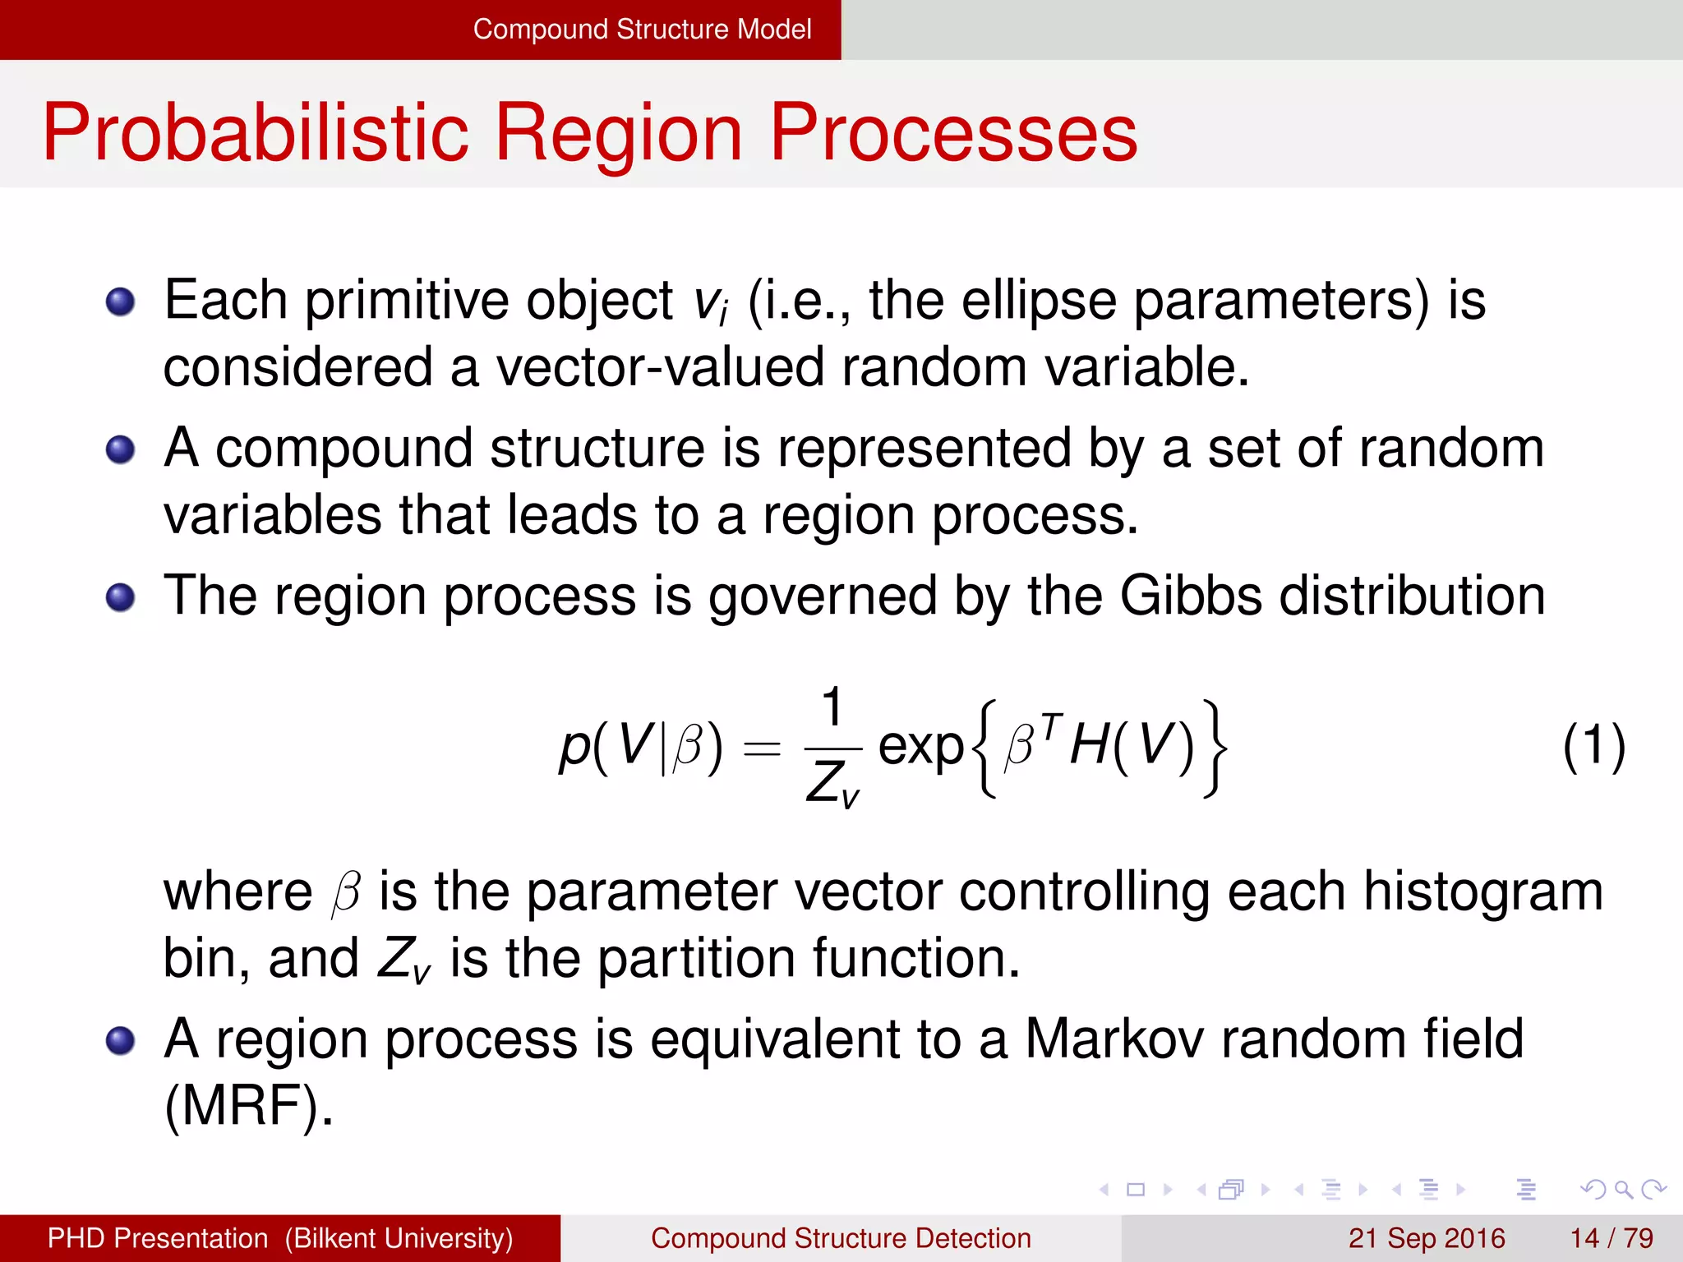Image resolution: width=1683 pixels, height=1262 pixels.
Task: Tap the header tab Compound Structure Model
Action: [641, 30]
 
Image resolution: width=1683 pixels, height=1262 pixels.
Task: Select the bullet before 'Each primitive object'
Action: [121, 302]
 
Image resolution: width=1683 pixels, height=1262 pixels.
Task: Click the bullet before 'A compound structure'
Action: [121, 449]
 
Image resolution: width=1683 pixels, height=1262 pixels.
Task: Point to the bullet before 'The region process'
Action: [121, 597]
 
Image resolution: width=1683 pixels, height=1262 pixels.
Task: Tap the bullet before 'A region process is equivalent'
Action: [121, 1040]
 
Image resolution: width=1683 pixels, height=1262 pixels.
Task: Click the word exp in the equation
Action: [920, 746]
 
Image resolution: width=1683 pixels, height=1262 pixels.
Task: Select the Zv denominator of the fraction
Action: [832, 783]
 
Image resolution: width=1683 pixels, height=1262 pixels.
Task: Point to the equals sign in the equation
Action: [761, 748]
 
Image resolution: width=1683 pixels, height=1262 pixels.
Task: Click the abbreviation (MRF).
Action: [248, 1106]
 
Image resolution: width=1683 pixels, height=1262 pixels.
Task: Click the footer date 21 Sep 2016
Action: [1427, 1238]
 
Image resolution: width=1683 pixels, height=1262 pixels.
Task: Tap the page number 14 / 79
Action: [1612, 1238]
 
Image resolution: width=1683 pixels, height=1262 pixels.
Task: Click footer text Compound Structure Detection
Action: [841, 1238]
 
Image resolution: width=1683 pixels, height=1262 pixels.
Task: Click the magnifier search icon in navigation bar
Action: [1623, 1189]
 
